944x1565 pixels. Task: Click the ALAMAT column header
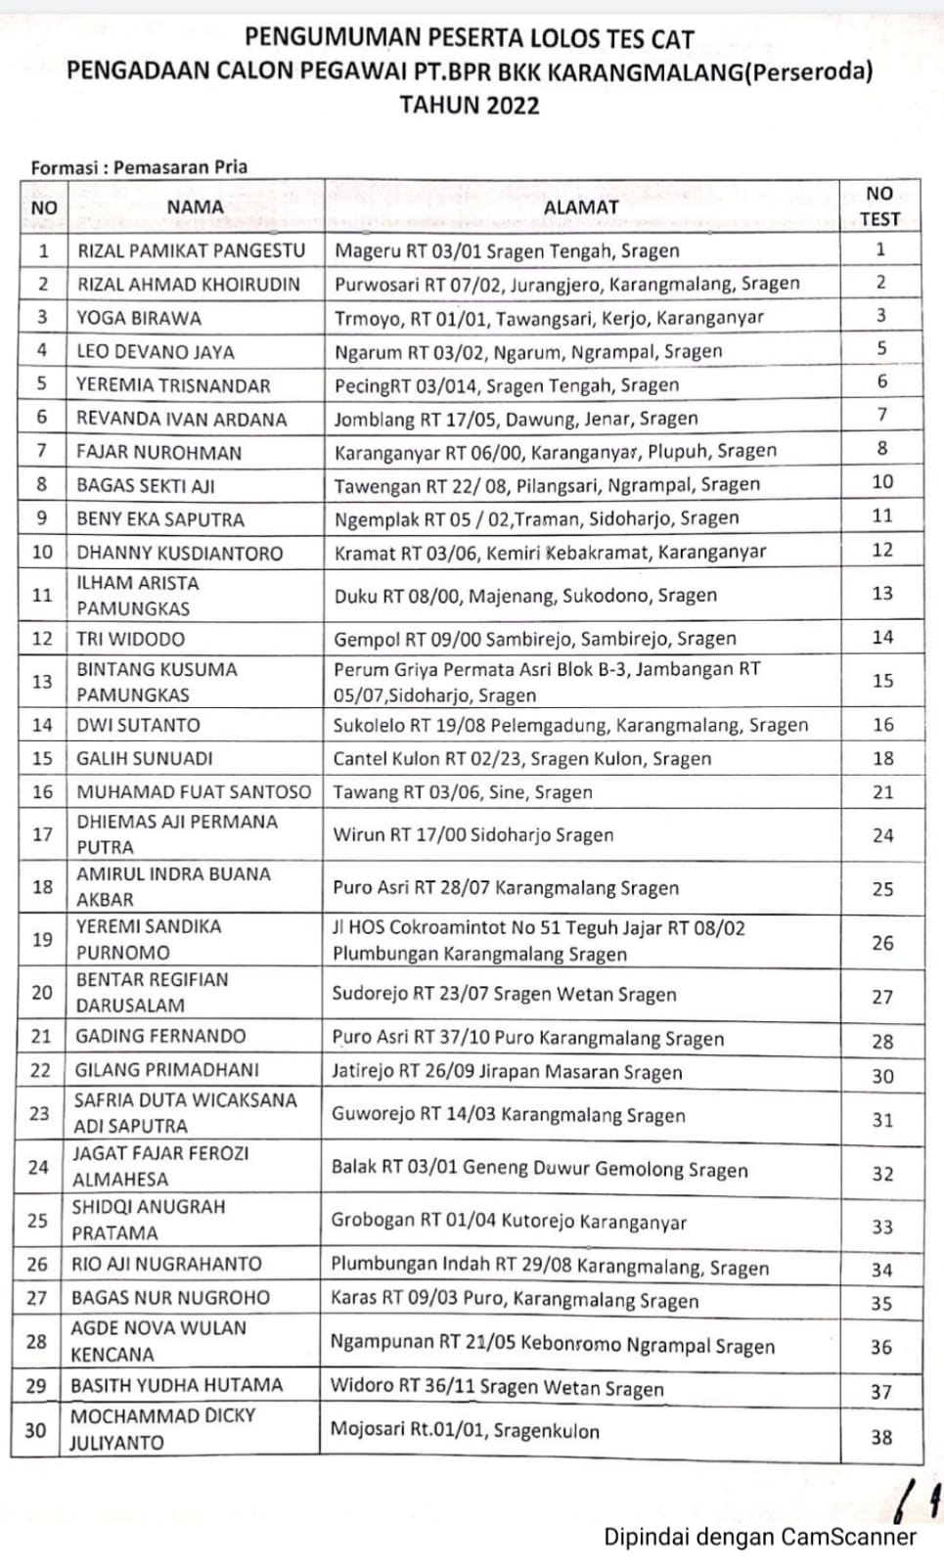pos(580,207)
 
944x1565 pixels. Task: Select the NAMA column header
pos(195,207)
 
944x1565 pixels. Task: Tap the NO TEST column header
pos(879,206)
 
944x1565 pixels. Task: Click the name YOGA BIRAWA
pos(139,318)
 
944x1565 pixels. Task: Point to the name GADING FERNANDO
pos(160,1036)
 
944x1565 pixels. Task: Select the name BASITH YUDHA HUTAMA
pos(176,1385)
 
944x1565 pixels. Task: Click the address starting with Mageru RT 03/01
pos(507,250)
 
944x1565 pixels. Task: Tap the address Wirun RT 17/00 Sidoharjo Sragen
pos(473,835)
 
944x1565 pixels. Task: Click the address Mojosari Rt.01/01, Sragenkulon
pos(465,1430)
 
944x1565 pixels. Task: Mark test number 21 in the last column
pos(882,792)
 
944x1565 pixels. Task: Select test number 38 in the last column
pos(881,1437)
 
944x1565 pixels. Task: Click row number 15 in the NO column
pos(42,758)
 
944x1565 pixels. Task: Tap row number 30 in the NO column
pos(35,1430)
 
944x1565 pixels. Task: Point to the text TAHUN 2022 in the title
pos(470,106)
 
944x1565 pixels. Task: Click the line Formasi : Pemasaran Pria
pos(139,167)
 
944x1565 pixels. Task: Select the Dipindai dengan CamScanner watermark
pos(759,1537)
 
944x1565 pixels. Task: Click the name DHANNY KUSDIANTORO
pos(180,553)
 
